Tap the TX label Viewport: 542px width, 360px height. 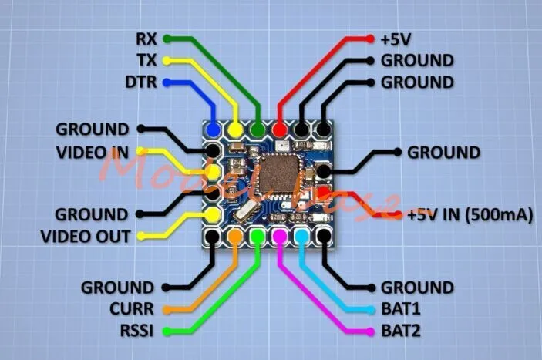(x=144, y=59)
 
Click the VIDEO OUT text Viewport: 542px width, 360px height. (x=86, y=236)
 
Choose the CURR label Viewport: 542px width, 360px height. (x=136, y=309)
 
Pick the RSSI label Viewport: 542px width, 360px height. (x=136, y=331)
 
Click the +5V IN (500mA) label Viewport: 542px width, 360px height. (x=470, y=215)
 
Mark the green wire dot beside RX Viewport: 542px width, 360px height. (x=167, y=38)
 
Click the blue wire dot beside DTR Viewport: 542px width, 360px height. (x=167, y=82)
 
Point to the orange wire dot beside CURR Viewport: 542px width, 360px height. (x=167, y=310)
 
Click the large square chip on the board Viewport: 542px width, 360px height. (x=278, y=177)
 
